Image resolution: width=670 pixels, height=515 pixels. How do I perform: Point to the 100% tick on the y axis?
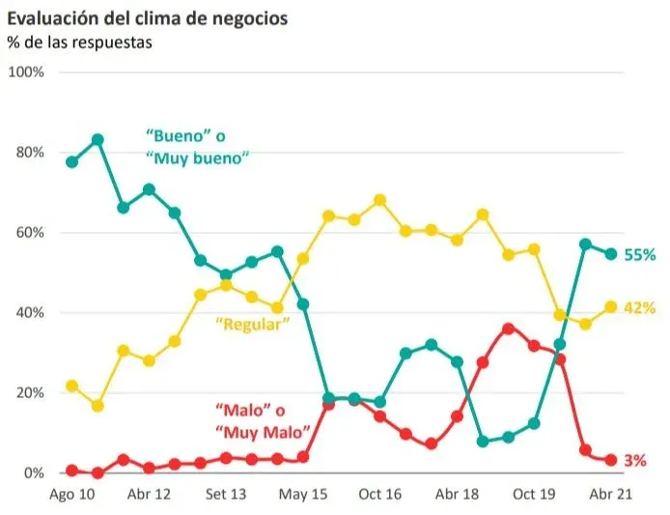click(25, 72)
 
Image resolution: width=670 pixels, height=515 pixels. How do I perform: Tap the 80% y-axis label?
click(28, 153)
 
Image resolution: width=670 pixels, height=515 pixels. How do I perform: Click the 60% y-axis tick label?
click(28, 233)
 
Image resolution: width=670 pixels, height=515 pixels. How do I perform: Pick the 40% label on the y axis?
click(28, 313)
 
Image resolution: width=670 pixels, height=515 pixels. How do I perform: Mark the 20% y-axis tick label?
click(28, 393)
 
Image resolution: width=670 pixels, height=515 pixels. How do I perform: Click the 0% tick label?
click(31, 473)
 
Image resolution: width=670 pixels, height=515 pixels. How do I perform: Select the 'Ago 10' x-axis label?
click(71, 495)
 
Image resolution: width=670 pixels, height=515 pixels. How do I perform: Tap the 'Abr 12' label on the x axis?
click(149, 495)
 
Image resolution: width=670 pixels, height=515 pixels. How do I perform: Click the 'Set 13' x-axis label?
click(226, 495)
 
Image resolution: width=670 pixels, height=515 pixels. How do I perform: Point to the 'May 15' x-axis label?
click(302, 495)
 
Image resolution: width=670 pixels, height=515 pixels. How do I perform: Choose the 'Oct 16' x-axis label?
click(379, 495)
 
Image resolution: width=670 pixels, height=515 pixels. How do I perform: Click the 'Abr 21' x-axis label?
click(609, 495)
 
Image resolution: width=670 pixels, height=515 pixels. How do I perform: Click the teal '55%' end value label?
click(640, 255)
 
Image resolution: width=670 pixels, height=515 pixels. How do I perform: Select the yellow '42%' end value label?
click(640, 307)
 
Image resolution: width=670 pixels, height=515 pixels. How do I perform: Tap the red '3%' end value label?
click(635, 461)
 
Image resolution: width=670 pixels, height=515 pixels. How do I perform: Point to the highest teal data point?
click(98, 139)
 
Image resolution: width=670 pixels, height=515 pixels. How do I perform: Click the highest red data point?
click(508, 329)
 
